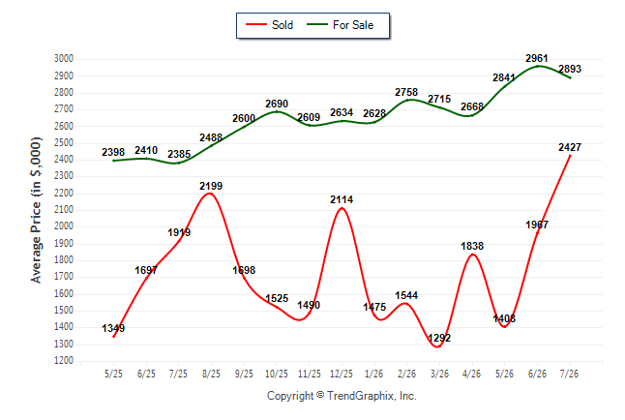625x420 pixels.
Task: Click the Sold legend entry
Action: (x=270, y=25)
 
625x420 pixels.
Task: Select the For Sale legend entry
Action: (x=340, y=25)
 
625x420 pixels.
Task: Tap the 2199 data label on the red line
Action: (x=211, y=186)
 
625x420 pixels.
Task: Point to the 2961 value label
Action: (x=537, y=58)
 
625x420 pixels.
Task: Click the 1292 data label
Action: (x=439, y=338)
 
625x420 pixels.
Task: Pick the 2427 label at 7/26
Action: (x=570, y=147)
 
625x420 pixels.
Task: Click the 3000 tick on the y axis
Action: (x=64, y=59)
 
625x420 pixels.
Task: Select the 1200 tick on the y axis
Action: (x=64, y=361)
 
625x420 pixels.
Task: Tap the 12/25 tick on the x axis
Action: (x=342, y=374)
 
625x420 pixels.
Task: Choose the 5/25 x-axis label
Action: (x=113, y=374)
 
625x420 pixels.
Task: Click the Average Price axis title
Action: (x=36, y=210)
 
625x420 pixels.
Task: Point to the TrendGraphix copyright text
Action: (x=342, y=396)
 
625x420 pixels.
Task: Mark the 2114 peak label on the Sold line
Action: (x=342, y=199)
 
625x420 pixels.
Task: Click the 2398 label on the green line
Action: (x=113, y=152)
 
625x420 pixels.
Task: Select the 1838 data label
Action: (x=472, y=246)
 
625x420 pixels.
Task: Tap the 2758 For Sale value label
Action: (x=406, y=92)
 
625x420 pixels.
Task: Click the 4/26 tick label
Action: (x=472, y=374)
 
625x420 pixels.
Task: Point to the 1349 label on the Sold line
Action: (x=113, y=328)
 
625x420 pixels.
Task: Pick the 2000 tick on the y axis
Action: (x=64, y=226)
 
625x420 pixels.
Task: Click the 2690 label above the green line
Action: (x=277, y=104)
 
